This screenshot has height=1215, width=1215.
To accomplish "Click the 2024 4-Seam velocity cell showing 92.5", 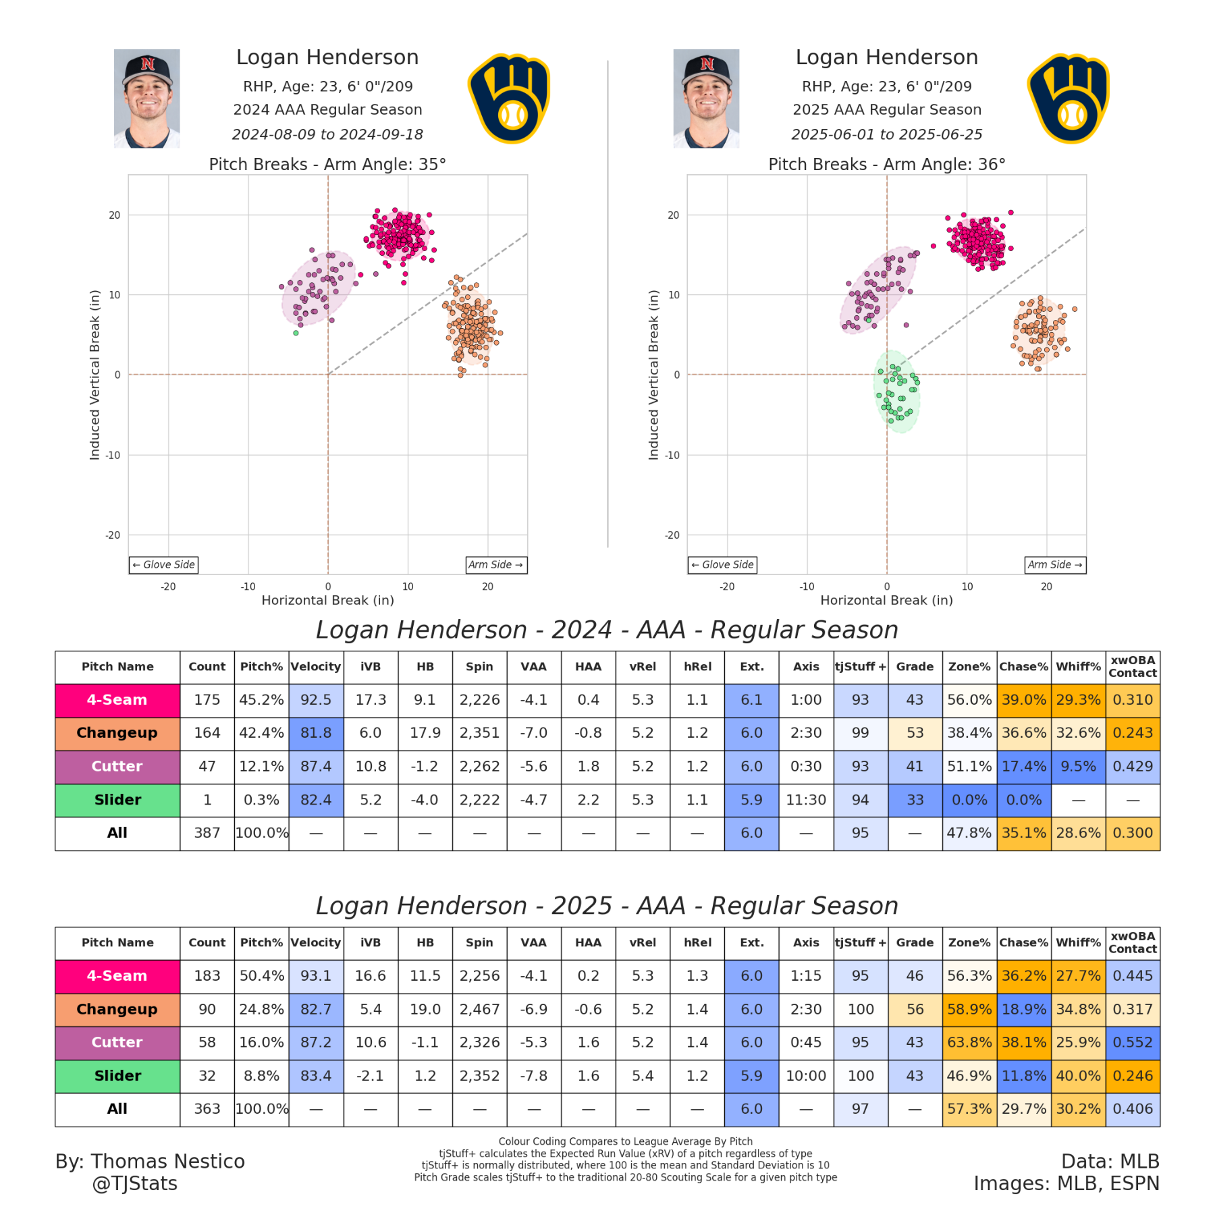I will [316, 700].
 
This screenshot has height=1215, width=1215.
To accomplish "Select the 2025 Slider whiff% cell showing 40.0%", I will [1078, 1075].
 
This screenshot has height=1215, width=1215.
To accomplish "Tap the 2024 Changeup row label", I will [117, 733].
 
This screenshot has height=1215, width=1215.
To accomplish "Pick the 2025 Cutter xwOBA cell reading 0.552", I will [1133, 1042].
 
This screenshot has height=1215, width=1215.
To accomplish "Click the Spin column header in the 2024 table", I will [479, 666].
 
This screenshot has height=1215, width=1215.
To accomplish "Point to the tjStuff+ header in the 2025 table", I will [860, 942].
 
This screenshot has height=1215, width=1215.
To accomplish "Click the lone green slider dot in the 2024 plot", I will [296, 333].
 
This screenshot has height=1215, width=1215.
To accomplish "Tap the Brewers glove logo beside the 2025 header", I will [1068, 99].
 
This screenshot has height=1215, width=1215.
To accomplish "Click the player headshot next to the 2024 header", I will [146, 99].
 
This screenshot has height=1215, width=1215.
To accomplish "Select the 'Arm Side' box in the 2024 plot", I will [496, 564].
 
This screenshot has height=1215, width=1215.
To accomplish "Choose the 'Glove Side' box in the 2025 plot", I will [722, 564].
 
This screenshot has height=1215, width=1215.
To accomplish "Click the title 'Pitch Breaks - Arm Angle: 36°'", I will [886, 164].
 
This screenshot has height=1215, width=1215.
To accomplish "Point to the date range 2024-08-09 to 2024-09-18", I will [327, 134].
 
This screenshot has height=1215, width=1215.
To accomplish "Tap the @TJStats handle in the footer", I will [134, 1183].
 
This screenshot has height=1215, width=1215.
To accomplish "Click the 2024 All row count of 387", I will [207, 833].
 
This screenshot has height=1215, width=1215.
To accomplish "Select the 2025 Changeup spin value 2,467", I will [479, 1009].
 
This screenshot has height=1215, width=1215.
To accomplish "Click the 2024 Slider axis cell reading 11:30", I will [806, 800].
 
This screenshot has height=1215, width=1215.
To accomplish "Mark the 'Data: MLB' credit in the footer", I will [1110, 1161].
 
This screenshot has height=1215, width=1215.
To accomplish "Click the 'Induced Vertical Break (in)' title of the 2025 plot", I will [653, 375].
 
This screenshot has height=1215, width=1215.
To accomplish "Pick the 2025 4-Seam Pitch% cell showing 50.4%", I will [261, 975].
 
